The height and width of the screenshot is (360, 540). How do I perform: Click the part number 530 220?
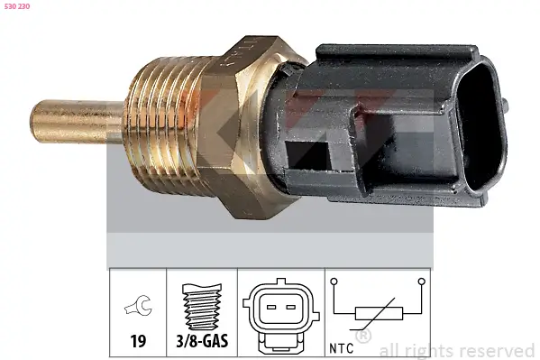coord(17,7)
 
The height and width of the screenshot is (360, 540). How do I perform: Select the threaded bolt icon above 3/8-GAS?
coord(202,306)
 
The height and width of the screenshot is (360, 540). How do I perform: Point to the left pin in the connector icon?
coord(270,308)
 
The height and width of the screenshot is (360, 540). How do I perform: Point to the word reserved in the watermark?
coord(496,350)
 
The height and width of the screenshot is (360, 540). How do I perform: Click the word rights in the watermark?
coord(430,350)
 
